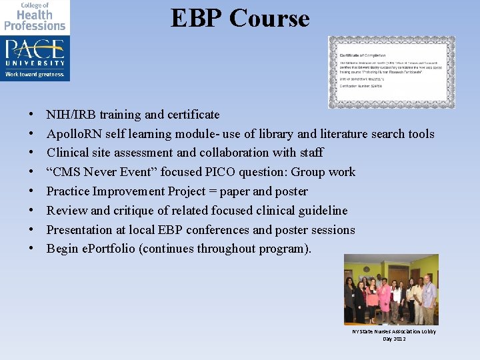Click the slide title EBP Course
click(240, 18)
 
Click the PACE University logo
click(35, 51)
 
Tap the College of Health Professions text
click(35, 17)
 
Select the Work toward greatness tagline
click(35, 75)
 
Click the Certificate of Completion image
click(391, 72)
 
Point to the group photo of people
click(391, 290)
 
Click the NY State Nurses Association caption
click(394, 335)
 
